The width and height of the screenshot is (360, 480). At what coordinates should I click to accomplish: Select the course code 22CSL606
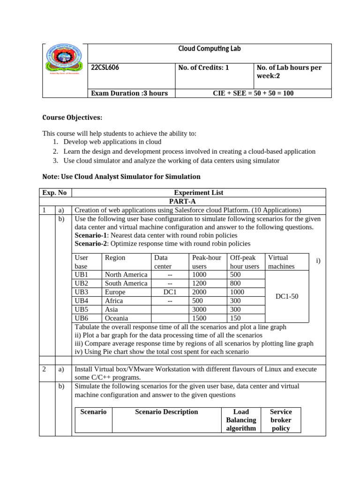(x=105, y=67)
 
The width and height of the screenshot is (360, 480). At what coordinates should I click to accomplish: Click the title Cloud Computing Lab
(x=209, y=49)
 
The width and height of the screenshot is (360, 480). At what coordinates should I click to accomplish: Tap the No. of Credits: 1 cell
(x=203, y=67)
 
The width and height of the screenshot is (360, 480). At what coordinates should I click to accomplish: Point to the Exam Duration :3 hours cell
(x=129, y=93)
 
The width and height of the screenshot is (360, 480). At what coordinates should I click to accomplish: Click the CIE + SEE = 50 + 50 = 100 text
(x=253, y=93)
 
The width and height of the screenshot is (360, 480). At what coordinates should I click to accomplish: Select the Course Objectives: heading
(x=72, y=117)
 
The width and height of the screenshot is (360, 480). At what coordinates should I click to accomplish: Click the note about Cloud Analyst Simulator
(x=121, y=177)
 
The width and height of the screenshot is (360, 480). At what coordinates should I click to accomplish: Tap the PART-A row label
(x=198, y=201)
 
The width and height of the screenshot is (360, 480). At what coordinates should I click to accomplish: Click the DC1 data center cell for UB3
(x=169, y=292)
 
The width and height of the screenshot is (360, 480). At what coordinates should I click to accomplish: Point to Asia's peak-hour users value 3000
(x=199, y=309)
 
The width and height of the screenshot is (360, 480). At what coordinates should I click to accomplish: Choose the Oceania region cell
(x=116, y=318)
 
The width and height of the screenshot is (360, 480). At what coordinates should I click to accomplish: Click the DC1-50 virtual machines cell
(x=286, y=296)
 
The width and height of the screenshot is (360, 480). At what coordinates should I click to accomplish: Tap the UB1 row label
(x=82, y=275)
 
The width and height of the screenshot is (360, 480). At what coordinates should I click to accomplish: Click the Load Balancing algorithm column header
(x=241, y=420)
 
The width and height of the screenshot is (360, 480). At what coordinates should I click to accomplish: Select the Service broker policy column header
(x=280, y=420)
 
